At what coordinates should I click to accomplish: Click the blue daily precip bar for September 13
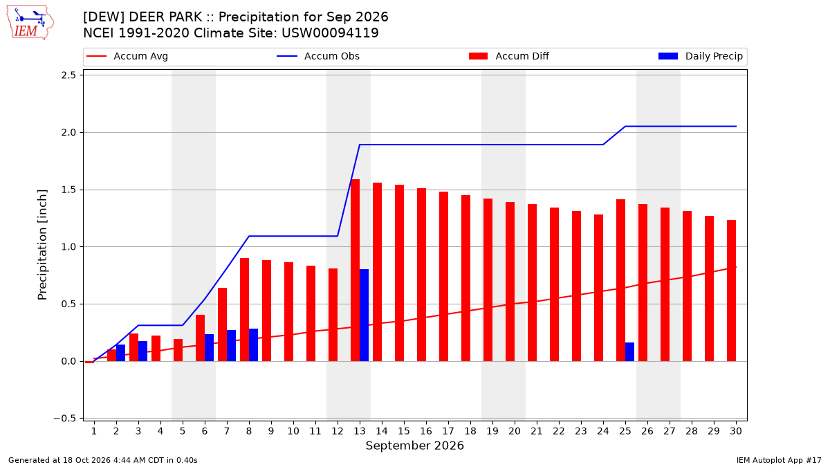click(x=364, y=315)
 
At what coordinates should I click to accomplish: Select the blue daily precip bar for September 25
click(x=629, y=351)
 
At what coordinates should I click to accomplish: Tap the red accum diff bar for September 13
click(x=355, y=271)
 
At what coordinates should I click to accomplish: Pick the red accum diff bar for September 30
click(x=731, y=291)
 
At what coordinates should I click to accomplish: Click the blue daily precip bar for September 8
click(x=253, y=345)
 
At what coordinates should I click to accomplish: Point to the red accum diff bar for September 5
click(x=178, y=350)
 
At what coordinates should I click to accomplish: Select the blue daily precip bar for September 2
click(x=120, y=353)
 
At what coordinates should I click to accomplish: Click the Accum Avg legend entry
click(x=127, y=56)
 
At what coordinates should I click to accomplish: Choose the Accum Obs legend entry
click(x=318, y=56)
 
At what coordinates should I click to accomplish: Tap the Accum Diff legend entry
click(x=509, y=56)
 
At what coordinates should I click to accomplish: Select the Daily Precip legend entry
click(x=700, y=56)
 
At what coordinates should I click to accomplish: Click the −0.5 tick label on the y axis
click(x=64, y=419)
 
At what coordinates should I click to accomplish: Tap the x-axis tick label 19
click(x=492, y=431)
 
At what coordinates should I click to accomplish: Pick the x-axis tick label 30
click(x=735, y=431)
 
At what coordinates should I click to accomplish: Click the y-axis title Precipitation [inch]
click(x=42, y=245)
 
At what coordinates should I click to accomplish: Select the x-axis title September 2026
click(x=414, y=446)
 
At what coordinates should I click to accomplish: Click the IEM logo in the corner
click(x=30, y=23)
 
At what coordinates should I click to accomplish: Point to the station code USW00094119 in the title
click(x=330, y=33)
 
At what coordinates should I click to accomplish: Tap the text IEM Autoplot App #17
click(x=779, y=460)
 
